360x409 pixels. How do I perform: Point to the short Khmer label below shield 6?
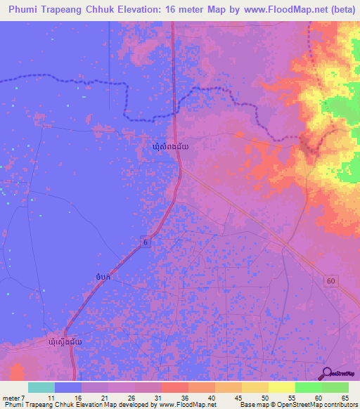point(103,278)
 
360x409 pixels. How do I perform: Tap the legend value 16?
point(77,397)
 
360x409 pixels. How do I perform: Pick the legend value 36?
point(184,397)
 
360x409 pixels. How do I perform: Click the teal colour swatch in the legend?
point(41,387)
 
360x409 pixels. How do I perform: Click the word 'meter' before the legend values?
point(10,397)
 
